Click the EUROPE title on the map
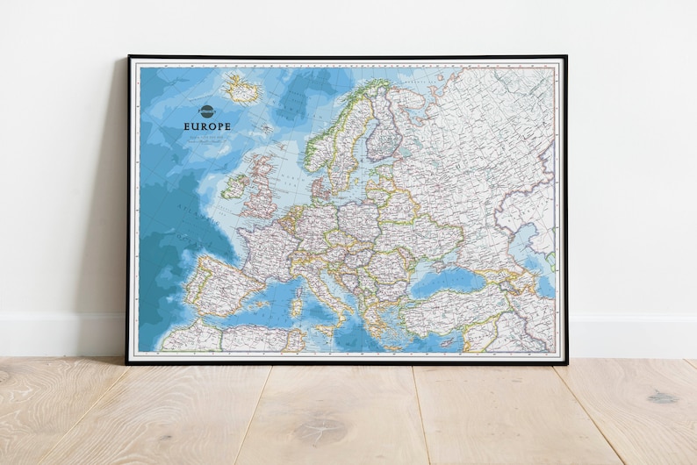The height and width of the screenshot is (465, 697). point(207,126)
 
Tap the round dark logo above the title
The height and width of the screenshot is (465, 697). point(207,111)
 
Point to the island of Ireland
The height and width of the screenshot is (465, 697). point(234,186)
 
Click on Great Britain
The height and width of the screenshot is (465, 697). point(261,190)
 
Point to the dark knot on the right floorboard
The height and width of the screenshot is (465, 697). point(663,397)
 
